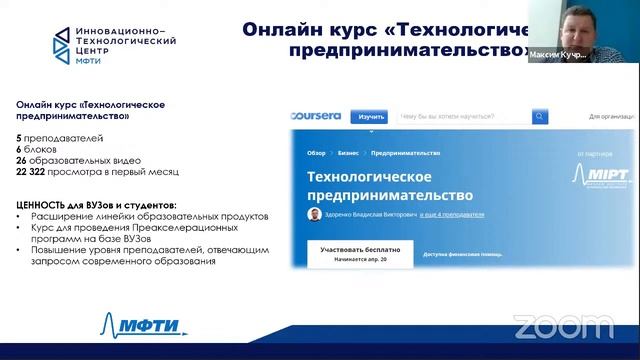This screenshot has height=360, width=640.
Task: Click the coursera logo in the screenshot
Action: click(316, 116)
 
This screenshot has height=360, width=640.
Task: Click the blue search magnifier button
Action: click(540, 117)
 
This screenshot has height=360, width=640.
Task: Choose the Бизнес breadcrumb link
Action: click(348, 154)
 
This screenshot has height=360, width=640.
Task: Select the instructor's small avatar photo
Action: click(315, 214)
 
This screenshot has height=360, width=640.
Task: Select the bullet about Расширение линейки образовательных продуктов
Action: click(149, 215)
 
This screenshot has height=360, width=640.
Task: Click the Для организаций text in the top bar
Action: click(612, 117)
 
